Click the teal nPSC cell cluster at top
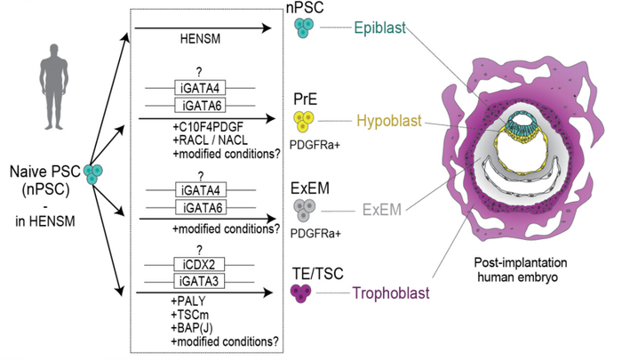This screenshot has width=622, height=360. pyautogui.click(x=305, y=29)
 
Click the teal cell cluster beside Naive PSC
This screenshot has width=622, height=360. pyautogui.click(x=91, y=174)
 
